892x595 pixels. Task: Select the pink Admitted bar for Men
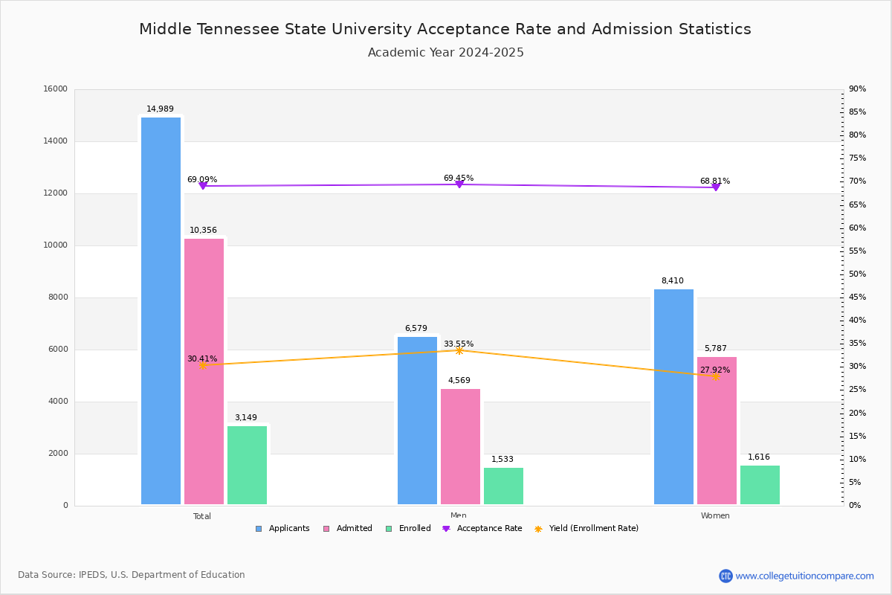click(460, 446)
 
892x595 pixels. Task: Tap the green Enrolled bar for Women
click(760, 485)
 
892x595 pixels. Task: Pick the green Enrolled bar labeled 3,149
click(247, 465)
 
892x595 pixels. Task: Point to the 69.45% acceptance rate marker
click(459, 184)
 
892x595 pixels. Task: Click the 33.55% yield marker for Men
click(459, 350)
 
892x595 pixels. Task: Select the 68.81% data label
click(714, 181)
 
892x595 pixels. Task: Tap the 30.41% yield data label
click(202, 358)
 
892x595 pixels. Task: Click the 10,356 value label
click(203, 231)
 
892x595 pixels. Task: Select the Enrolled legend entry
click(413, 529)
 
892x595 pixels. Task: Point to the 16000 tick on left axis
click(56, 89)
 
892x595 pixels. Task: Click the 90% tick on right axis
click(857, 89)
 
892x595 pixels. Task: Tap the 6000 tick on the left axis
click(58, 350)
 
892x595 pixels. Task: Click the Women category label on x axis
click(715, 516)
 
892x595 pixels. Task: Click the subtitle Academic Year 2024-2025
click(446, 53)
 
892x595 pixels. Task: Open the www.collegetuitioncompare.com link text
click(804, 576)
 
